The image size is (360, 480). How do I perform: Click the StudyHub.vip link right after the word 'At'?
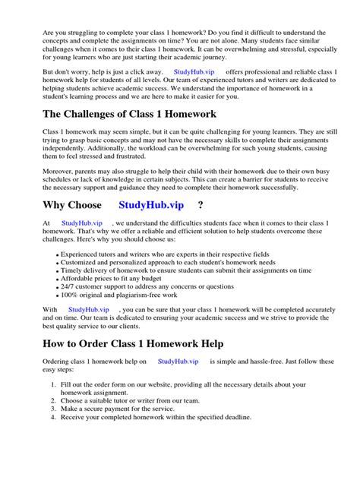click(81, 222)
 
